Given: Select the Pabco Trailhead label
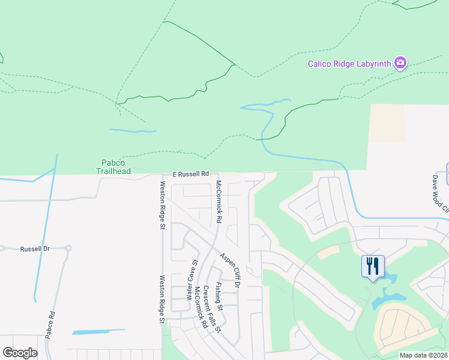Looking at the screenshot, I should pos(113,166).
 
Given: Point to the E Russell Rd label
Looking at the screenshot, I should pos(190,174).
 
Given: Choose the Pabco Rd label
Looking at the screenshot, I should pos(52,323).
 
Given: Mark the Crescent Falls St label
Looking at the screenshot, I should pos(212,309).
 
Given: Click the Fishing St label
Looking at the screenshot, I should pos(220,296).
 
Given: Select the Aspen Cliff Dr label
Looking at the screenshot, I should pos(230,270).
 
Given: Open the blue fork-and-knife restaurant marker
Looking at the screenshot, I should pos(372,265).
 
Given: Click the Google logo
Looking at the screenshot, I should pos(20,353).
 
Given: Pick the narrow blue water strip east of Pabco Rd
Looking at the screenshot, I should pos(98,331).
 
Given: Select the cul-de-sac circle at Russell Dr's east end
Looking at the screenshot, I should pos(69,248).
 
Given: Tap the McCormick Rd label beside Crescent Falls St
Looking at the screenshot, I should pos(200,307).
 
